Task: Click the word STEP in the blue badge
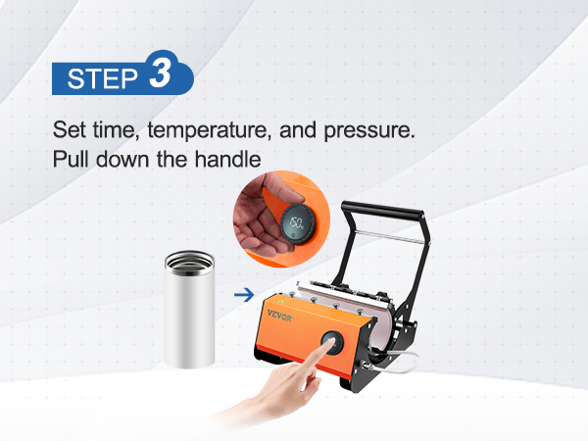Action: [102, 78]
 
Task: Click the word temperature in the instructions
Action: [209, 131]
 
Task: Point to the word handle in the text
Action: [227, 159]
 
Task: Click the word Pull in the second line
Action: [72, 159]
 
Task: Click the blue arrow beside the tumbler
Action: [244, 295]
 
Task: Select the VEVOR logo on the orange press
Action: [279, 316]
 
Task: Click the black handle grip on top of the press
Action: [382, 211]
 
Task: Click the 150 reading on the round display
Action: [297, 222]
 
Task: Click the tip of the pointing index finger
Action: [330, 342]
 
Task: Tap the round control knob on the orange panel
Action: [332, 343]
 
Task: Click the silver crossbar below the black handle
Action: [391, 236]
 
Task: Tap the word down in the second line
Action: [122, 159]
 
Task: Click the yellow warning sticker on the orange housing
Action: [278, 301]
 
